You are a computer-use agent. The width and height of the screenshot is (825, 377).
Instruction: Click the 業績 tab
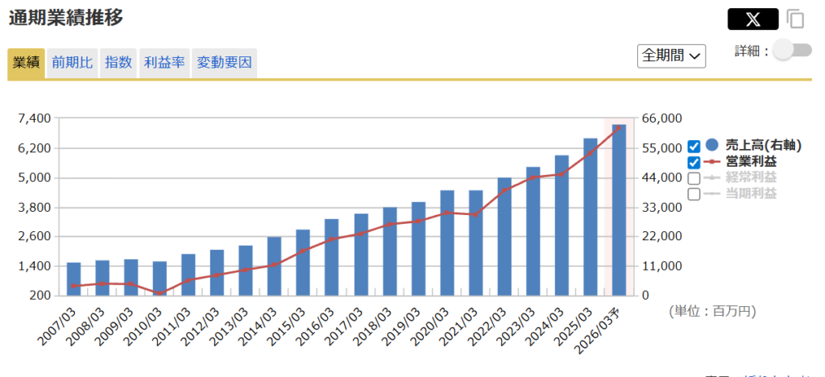pos(27,63)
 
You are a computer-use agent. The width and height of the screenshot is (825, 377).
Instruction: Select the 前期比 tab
pos(73,63)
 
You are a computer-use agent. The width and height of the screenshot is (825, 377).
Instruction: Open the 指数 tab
pos(118,63)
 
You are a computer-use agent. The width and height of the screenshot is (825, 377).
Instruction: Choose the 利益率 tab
pos(164,63)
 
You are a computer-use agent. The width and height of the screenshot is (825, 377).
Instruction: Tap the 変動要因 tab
pos(225,63)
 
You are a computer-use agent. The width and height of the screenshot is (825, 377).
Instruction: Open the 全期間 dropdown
pos(672,56)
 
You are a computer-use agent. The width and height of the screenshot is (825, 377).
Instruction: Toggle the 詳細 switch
pos(793,51)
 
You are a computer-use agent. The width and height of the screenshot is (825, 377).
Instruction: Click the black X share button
pos(752,19)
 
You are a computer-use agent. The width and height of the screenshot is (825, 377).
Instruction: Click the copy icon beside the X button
pos(796,19)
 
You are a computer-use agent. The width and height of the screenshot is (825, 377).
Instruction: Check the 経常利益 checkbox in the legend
pos(694,178)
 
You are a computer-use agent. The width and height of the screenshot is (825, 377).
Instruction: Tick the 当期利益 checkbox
pos(694,194)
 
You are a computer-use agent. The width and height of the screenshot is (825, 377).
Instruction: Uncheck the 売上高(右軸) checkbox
pos(694,147)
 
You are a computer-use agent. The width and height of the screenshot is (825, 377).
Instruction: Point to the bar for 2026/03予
pos(619,209)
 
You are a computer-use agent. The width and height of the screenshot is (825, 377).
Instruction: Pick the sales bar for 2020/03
pos(447,242)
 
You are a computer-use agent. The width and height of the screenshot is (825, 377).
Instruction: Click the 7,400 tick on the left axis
pos(35,119)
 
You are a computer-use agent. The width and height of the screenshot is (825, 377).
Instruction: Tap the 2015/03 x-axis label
pos(288,326)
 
